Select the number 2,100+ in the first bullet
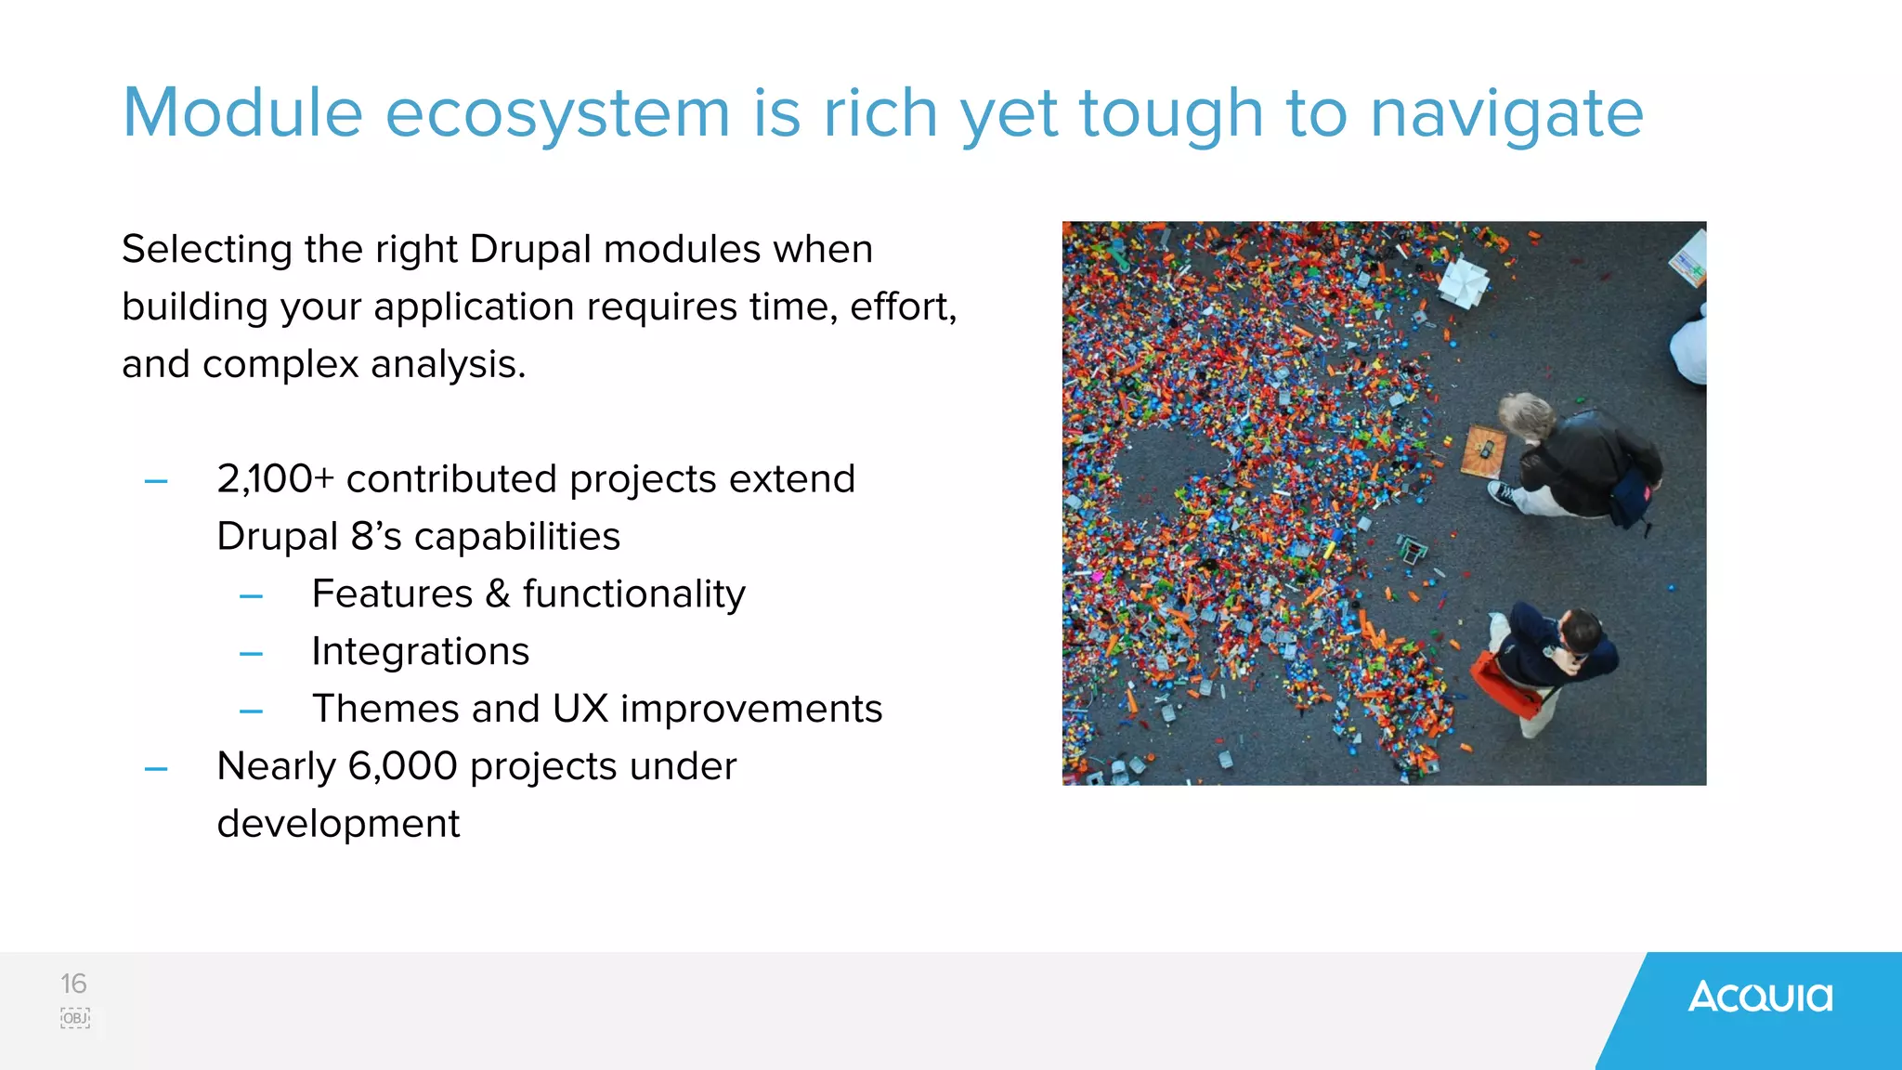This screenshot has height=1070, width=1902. (x=275, y=479)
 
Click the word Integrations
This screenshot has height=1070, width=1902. (x=420, y=651)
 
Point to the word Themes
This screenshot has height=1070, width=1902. (x=384, y=709)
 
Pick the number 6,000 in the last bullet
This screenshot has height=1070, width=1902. (x=402, y=766)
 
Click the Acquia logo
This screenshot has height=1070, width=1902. (x=1760, y=997)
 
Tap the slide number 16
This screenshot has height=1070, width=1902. (x=73, y=984)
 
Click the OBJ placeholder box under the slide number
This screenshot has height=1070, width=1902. (x=75, y=1018)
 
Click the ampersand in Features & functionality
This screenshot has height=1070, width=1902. (x=498, y=594)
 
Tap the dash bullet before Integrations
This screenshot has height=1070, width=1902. (x=251, y=654)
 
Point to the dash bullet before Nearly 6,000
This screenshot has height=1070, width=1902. (x=156, y=769)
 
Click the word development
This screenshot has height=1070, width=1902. (x=338, y=824)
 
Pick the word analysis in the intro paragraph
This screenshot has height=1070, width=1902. (x=448, y=364)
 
